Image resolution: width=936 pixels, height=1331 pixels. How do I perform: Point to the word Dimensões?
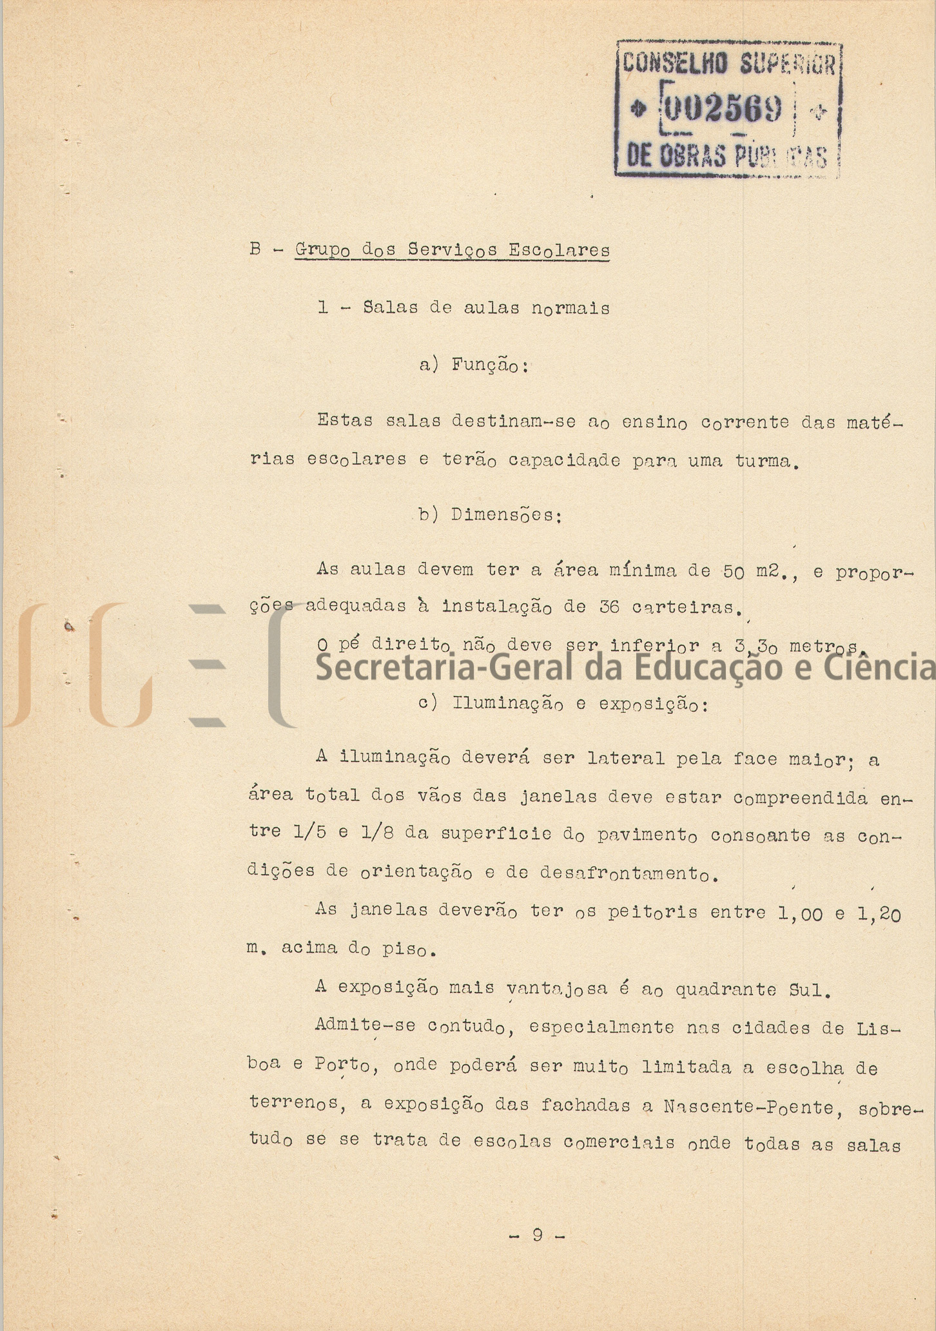coord(506,515)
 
